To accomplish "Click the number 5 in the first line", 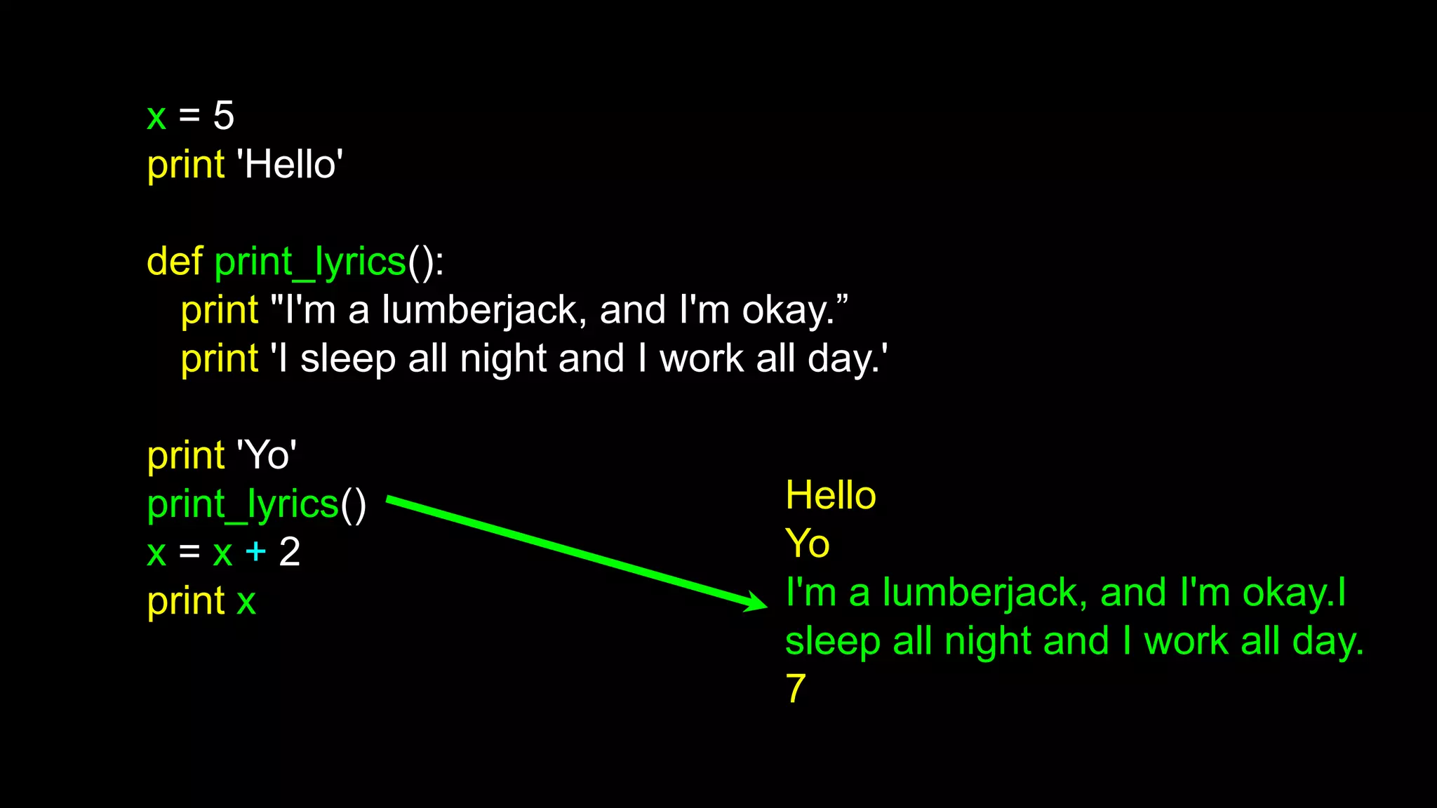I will click(223, 116).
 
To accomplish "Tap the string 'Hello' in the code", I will click(290, 165).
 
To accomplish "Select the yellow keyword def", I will click(175, 262).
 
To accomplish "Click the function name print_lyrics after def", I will click(310, 263).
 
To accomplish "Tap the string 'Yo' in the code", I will click(267, 456).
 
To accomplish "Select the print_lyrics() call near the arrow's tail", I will click(256, 505).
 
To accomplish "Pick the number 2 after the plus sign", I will click(289, 552).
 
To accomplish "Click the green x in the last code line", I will click(246, 602).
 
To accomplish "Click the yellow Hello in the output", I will click(831, 496).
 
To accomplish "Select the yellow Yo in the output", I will click(807, 544).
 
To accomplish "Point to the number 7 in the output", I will click(795, 688).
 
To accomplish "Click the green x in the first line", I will click(156, 116).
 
